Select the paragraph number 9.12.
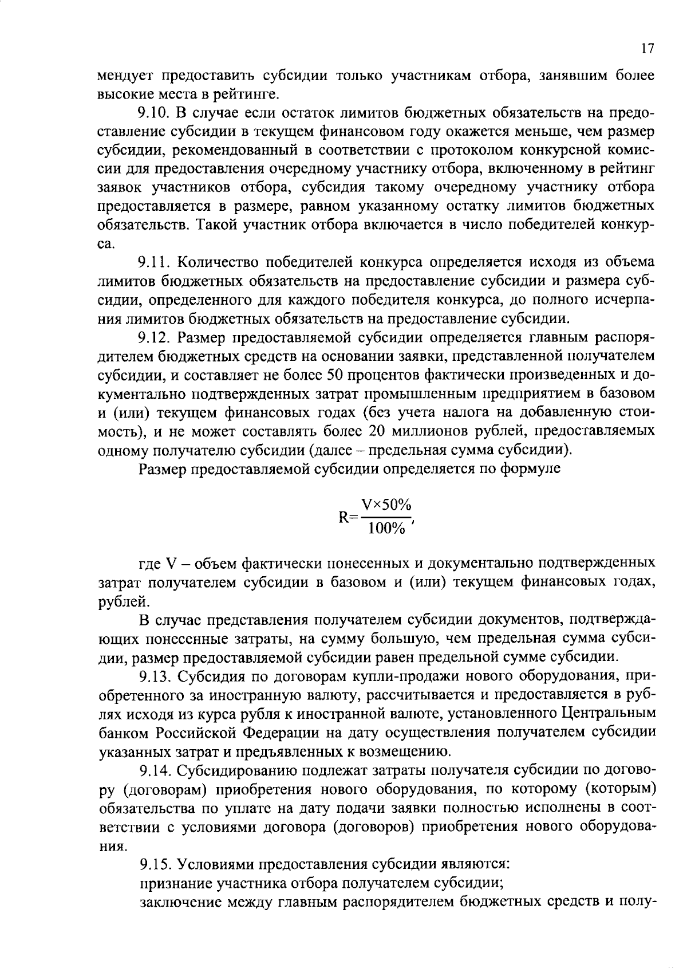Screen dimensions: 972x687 point(156,338)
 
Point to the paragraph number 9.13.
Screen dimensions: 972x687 point(156,676)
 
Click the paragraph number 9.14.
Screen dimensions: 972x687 point(156,770)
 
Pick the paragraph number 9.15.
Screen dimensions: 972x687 point(156,864)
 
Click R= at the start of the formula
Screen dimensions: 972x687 point(348,517)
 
